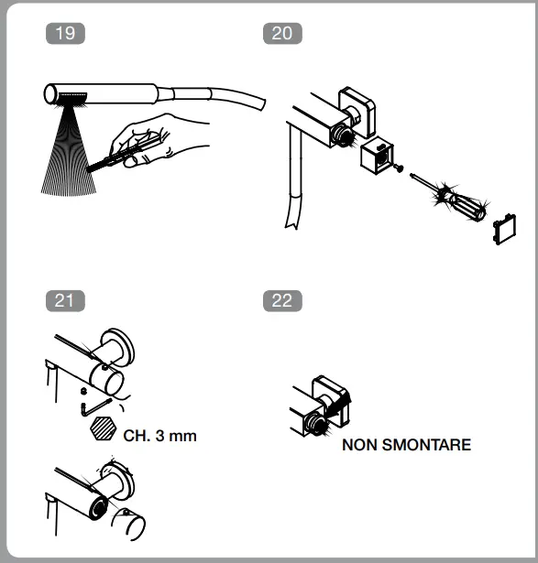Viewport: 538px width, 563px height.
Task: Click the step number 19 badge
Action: pyautogui.click(x=65, y=34)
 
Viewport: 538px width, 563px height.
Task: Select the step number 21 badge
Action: pyautogui.click(x=65, y=299)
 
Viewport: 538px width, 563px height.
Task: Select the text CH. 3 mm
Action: pyautogui.click(x=159, y=436)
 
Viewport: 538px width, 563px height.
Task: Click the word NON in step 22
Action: pyautogui.click(x=360, y=446)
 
